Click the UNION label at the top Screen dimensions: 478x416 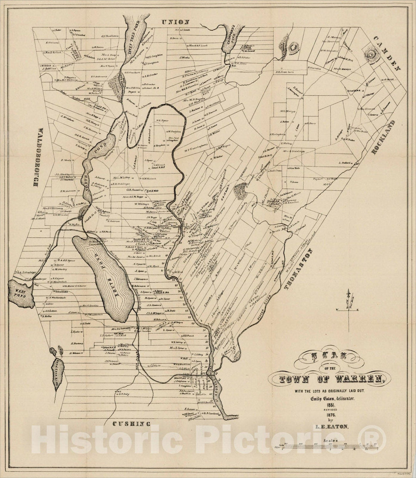(x=177, y=22)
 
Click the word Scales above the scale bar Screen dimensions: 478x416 (x=331, y=441)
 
